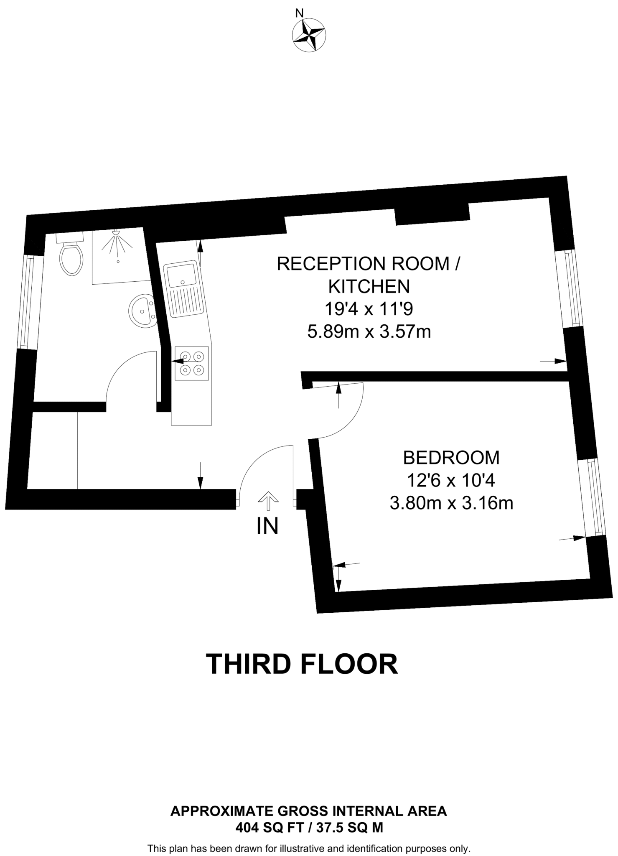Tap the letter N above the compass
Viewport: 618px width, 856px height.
pos(299,13)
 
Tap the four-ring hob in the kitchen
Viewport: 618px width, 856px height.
pos(192,363)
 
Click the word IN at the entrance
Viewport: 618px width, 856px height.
pos(267,526)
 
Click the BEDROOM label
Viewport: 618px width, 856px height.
pos(451,458)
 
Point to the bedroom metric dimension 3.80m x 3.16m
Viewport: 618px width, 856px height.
pos(451,503)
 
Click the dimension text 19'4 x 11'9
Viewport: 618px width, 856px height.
pos(369,310)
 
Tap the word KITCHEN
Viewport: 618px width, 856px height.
pos(369,287)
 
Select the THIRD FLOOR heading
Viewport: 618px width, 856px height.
pos(302,664)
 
